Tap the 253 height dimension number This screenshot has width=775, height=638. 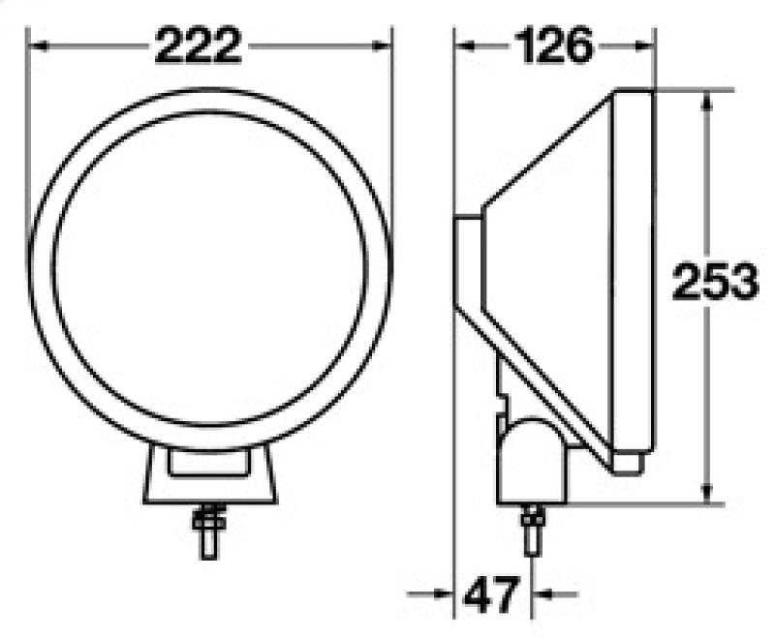pyautogui.click(x=714, y=284)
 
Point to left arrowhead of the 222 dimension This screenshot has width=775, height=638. pyautogui.click(x=36, y=45)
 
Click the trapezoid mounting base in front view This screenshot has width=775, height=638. pyautogui.click(x=210, y=479)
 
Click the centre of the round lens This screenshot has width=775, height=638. pyautogui.click(x=210, y=267)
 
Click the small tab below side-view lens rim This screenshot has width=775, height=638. pyautogui.click(x=629, y=464)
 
